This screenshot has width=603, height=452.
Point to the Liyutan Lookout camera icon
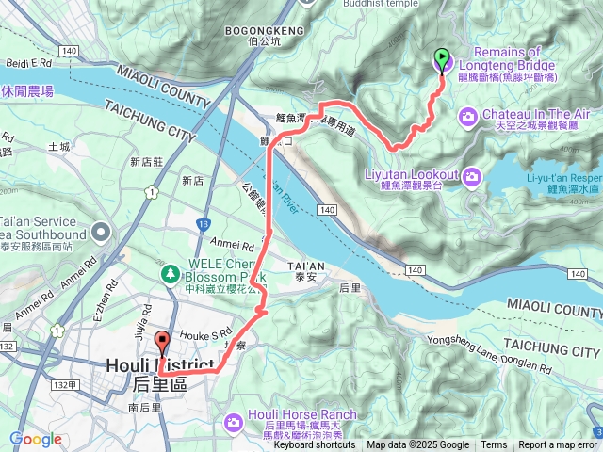pyautogui.click(x=470, y=175)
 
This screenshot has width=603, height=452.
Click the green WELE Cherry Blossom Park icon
pyautogui.click(x=171, y=273)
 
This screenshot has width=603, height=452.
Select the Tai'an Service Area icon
pyautogui.click(x=100, y=232)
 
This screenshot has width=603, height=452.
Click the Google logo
pyautogui.click(x=35, y=439)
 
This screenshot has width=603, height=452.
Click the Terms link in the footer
pyautogui.click(x=494, y=445)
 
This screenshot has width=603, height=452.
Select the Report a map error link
pyautogui.click(x=557, y=445)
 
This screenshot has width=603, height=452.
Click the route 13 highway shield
pyautogui.click(x=204, y=224)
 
